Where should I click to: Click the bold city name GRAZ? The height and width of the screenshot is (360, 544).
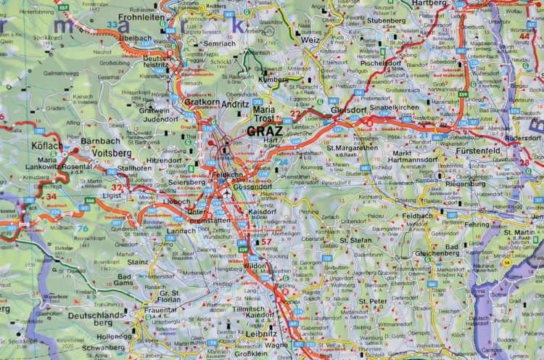[266, 131]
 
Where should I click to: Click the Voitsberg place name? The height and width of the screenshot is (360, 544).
[96, 154]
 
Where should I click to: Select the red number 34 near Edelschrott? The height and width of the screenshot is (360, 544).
[50, 197]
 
